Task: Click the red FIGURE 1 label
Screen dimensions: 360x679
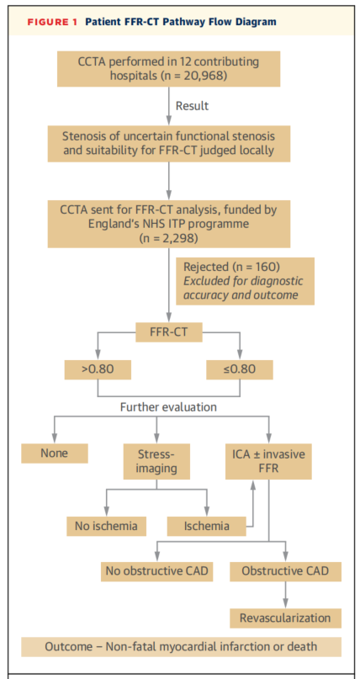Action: (x=52, y=22)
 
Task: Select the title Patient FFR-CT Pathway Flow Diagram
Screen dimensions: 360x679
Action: (x=181, y=22)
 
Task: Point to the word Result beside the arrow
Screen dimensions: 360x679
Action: (x=192, y=106)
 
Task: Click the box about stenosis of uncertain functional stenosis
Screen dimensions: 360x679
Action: (x=169, y=144)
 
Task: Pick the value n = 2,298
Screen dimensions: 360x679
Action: (x=169, y=238)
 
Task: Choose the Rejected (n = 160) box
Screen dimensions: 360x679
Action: (x=245, y=281)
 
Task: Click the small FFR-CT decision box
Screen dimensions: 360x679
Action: (x=169, y=333)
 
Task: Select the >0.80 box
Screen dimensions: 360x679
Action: (x=98, y=369)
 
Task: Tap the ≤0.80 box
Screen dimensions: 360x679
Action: (x=240, y=369)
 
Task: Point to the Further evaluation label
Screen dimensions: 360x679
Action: (x=168, y=407)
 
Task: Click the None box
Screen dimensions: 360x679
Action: (x=55, y=454)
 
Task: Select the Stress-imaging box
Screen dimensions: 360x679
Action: (x=156, y=461)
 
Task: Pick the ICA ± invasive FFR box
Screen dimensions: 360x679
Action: (x=268, y=461)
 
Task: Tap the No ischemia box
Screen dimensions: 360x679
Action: (x=106, y=526)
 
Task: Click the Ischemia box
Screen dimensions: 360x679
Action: (x=206, y=526)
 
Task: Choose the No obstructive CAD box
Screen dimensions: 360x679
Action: (x=156, y=571)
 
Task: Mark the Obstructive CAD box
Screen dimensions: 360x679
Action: (x=285, y=571)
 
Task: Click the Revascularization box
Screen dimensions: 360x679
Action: (x=285, y=618)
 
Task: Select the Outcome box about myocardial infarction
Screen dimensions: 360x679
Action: (x=181, y=647)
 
